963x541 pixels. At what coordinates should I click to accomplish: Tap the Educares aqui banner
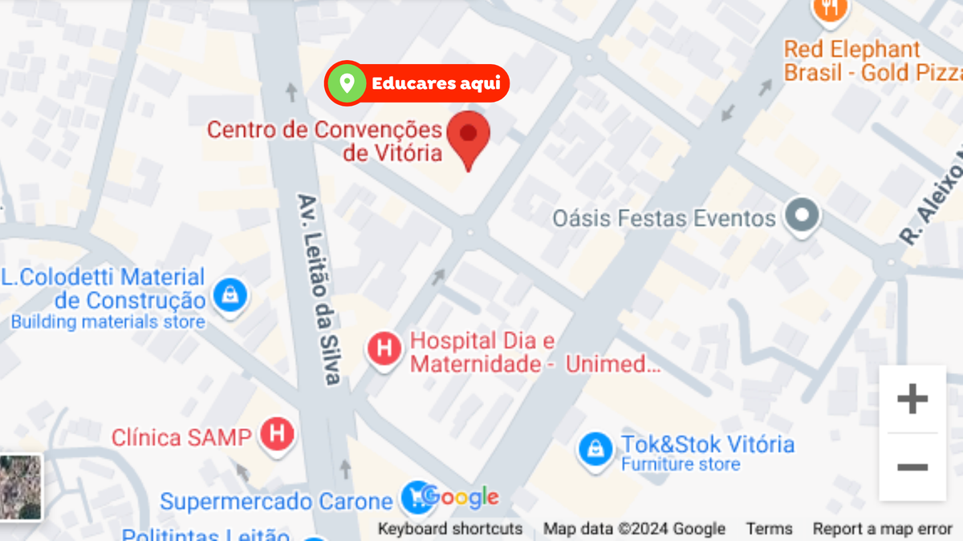[417, 83]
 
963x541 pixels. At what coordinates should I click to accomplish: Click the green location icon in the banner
[347, 83]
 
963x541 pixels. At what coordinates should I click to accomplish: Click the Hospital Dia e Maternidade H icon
[384, 349]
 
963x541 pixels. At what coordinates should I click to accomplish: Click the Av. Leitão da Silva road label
[320, 289]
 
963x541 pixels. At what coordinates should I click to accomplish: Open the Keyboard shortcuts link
[450, 529]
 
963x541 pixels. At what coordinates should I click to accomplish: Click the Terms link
[769, 529]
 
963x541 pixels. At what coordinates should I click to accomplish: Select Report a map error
[882, 529]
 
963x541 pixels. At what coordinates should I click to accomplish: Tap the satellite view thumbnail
[20, 486]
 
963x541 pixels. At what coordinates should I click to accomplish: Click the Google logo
[460, 497]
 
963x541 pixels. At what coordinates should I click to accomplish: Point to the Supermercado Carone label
[276, 502]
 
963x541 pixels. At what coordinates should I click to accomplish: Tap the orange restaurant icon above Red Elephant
[830, 8]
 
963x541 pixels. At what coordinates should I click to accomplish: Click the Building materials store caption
[108, 322]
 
